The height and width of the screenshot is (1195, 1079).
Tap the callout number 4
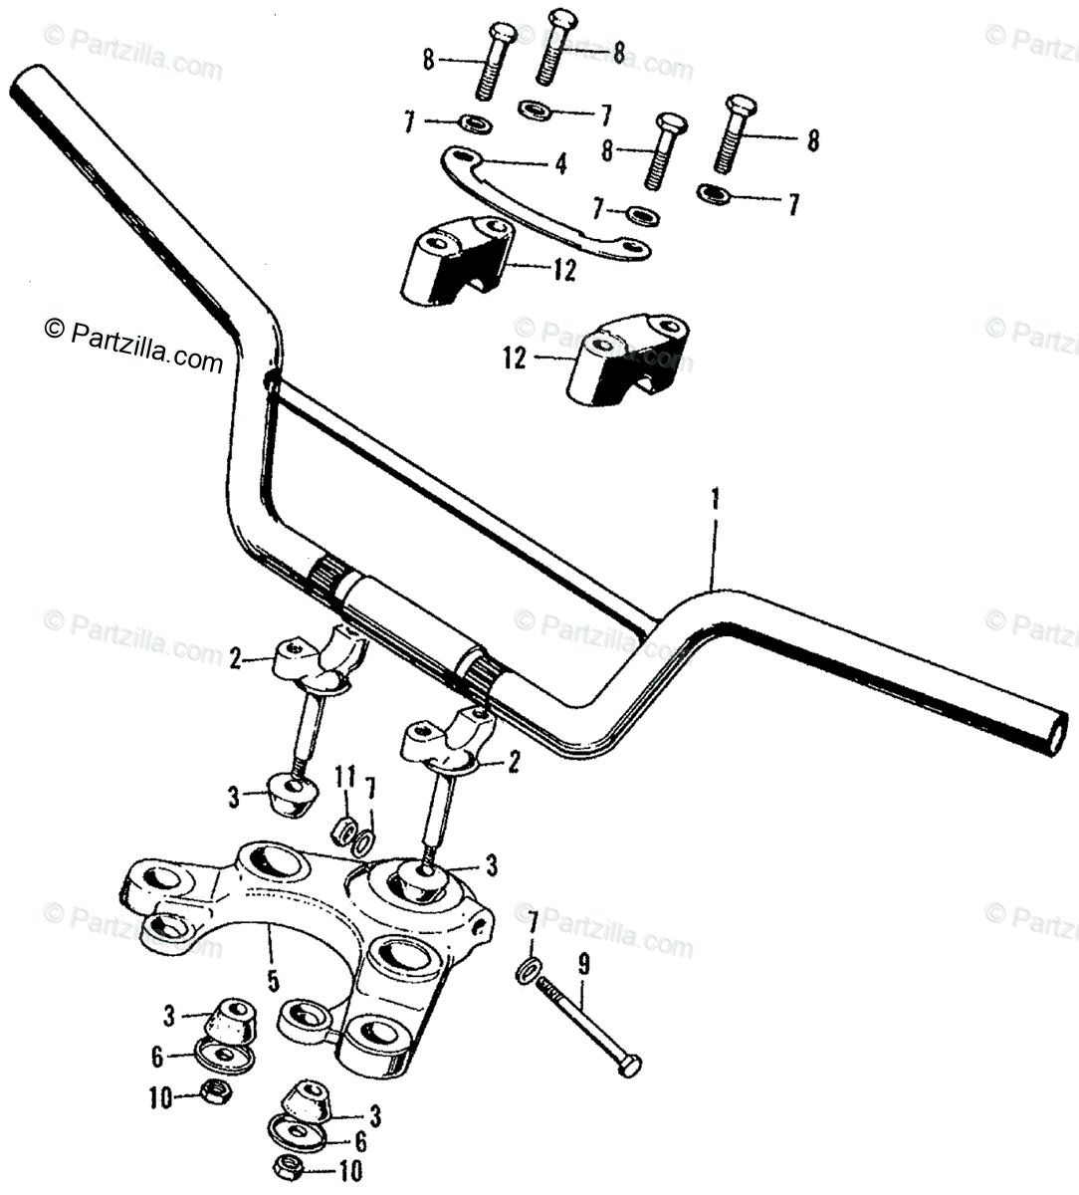[560, 163]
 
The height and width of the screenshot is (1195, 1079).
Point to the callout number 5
[271, 981]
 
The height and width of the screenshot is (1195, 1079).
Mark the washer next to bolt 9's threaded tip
[531, 968]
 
